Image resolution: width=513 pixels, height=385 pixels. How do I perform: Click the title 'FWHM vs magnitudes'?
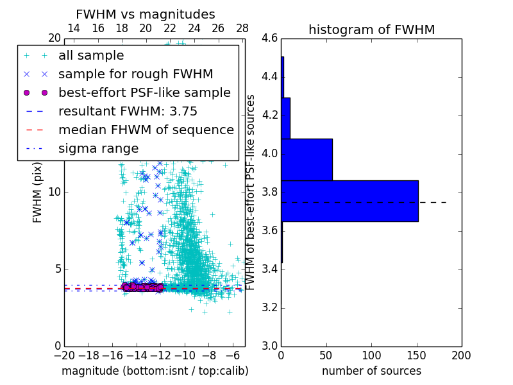(x=146, y=14)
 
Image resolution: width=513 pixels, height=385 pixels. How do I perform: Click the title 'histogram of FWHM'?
(x=371, y=30)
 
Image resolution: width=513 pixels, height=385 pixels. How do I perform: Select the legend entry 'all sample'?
(x=91, y=56)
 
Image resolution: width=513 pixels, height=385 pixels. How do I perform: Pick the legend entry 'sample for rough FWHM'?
(x=135, y=74)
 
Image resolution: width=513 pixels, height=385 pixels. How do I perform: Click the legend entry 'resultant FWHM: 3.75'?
(x=128, y=111)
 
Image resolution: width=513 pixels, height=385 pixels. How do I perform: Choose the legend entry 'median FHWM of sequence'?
(x=146, y=130)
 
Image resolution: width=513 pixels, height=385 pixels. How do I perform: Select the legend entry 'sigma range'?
(x=98, y=148)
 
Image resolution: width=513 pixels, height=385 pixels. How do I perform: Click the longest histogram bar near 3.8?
(x=349, y=201)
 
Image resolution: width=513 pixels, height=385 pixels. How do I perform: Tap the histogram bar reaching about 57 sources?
(x=307, y=159)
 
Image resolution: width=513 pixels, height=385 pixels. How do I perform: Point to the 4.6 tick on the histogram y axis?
(x=269, y=38)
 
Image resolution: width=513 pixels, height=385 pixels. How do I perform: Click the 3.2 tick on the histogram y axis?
(x=269, y=307)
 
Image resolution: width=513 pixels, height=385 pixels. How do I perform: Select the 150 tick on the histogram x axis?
(x=416, y=355)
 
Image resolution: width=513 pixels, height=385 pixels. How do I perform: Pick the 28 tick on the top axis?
(x=242, y=28)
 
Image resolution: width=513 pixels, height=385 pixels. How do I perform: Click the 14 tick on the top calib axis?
(x=74, y=28)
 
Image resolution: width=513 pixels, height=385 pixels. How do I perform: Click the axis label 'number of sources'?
(x=371, y=371)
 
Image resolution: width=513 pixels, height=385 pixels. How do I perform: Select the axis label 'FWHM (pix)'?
(x=38, y=192)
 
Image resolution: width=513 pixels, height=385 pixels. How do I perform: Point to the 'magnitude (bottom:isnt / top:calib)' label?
(x=155, y=371)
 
